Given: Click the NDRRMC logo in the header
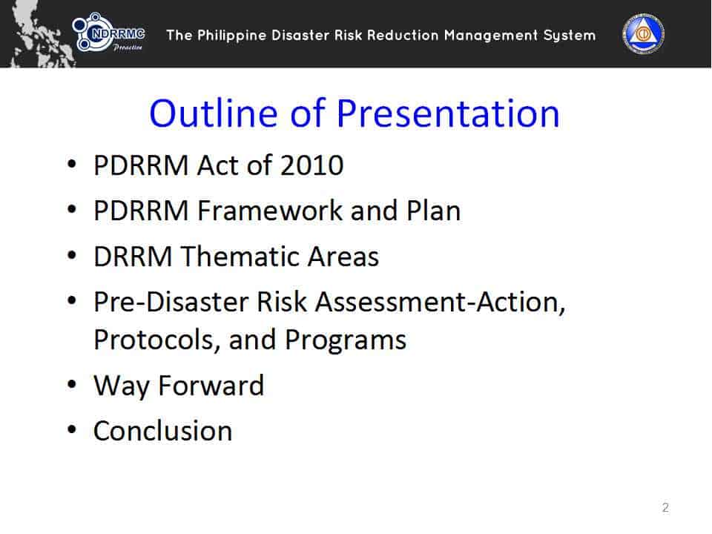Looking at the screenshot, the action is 109,32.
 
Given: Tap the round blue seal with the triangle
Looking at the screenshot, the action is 643,34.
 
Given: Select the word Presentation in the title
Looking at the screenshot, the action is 448,113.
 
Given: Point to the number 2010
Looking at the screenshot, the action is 312,165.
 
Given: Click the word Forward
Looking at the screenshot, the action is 211,386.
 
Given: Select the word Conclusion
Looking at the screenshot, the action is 163,431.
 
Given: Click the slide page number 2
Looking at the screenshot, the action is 665,507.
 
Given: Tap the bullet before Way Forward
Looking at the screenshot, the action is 72,384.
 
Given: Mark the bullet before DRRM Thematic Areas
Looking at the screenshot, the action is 72,255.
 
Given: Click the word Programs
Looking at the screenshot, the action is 346,340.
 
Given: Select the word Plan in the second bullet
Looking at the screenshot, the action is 434,211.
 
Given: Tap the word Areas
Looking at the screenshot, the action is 343,257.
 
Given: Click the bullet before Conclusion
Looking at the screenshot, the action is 72,429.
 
